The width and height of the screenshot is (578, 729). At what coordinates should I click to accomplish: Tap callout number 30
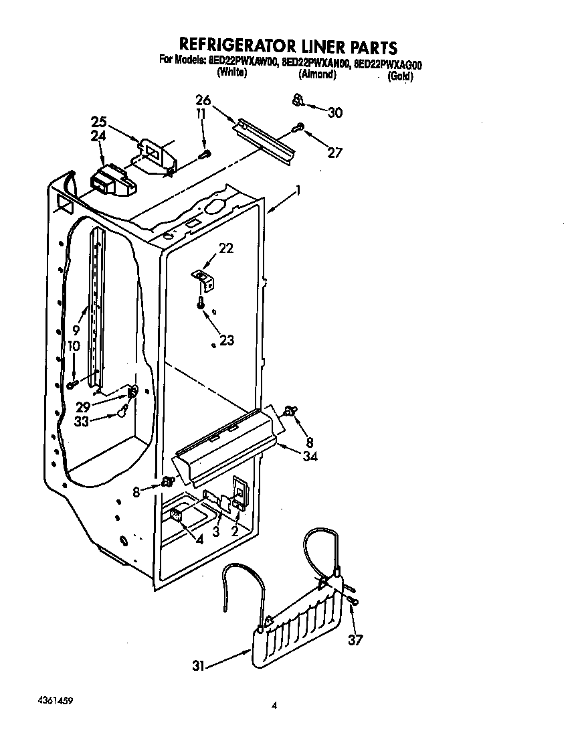334,112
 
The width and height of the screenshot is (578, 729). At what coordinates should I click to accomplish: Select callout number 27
334,153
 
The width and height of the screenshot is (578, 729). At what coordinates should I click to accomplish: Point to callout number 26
203,100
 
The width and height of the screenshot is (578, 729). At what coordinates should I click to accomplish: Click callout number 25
99,123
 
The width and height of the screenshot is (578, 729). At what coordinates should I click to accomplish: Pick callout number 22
226,248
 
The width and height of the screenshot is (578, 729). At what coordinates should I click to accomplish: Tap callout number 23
227,340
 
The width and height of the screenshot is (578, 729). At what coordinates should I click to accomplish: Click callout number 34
309,457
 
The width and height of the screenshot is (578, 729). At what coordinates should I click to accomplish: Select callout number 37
355,641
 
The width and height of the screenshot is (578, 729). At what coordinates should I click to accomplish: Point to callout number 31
198,665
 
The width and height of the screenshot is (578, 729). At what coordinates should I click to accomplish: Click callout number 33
82,422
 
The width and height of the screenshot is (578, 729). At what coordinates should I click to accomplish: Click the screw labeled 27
300,127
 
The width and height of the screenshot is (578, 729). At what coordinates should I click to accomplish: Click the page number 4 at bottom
274,705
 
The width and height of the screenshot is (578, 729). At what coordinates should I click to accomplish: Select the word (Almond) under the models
316,75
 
